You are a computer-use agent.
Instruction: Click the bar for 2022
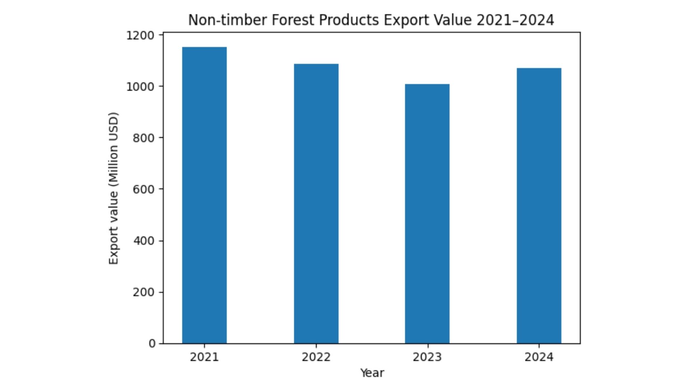click(316, 204)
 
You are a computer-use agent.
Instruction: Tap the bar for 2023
click(427, 214)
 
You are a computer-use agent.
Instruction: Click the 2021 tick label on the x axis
click(204, 357)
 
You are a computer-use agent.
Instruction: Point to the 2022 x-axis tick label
click(316, 357)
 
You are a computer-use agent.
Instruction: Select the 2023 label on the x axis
click(427, 357)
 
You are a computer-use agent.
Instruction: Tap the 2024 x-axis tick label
click(539, 357)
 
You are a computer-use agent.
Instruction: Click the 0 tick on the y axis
click(152, 343)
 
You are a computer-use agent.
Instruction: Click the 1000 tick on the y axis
click(140, 87)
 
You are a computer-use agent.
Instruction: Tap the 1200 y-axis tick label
click(140, 35)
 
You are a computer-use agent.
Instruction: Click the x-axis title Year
click(372, 373)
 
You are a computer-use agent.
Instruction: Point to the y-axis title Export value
click(113, 188)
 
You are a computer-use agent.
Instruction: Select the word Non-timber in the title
click(228, 20)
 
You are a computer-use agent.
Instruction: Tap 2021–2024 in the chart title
click(515, 20)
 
